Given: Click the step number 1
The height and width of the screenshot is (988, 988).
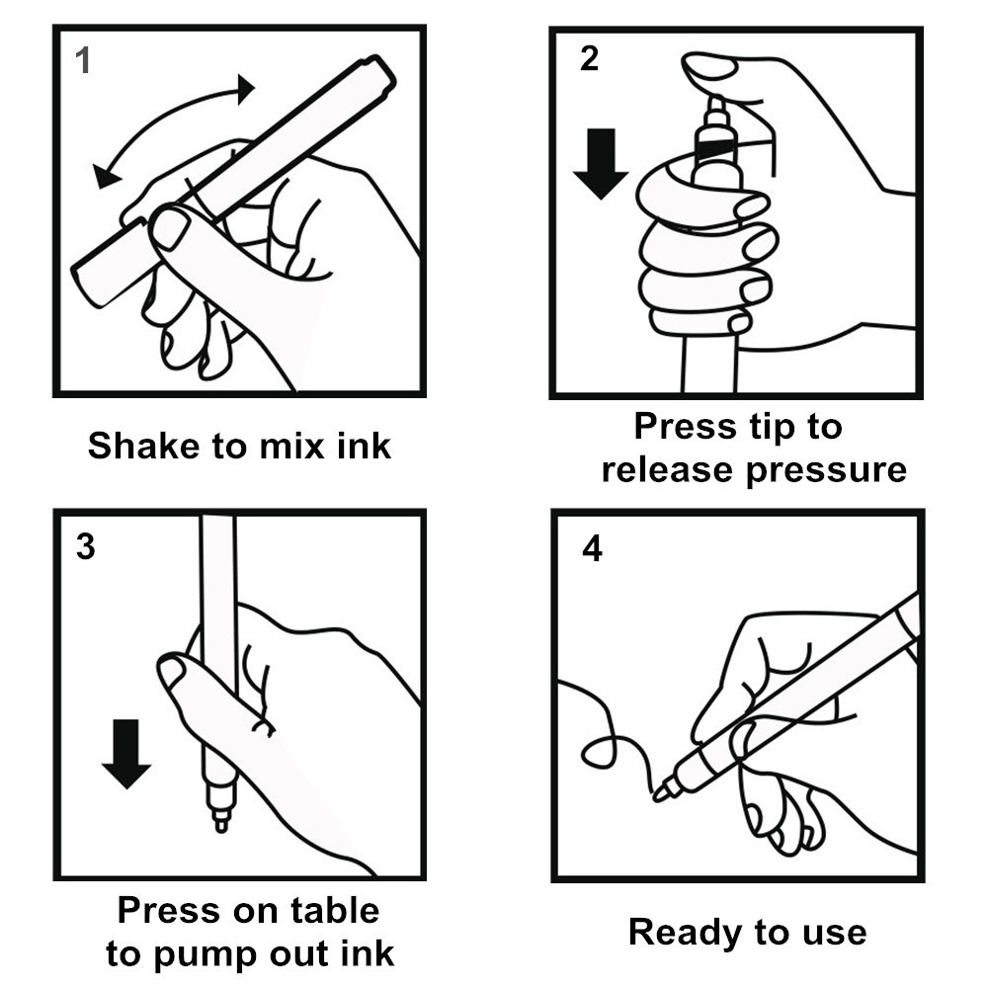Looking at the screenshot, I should pos(83,62).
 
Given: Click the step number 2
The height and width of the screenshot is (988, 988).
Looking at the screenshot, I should pos(589,59).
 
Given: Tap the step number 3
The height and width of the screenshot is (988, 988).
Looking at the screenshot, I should pos(86,546).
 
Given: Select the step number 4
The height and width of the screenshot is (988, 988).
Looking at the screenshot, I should pos(592,548).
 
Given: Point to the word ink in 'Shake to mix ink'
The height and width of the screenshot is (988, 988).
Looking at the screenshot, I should pos(365,446).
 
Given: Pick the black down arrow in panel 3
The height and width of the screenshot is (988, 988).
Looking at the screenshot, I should pos(126,753).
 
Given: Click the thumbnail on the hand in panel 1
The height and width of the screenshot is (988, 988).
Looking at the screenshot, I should pos(170,228).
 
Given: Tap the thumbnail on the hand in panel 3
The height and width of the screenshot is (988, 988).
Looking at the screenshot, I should pos(173,671).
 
